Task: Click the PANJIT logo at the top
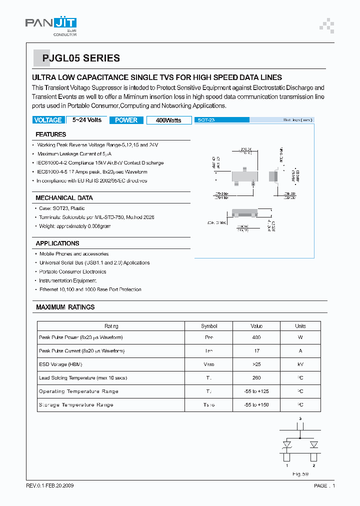51,25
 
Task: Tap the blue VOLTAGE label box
48,120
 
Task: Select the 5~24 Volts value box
87,120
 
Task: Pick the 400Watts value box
168,120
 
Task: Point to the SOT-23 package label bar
222,120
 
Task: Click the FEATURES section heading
51,134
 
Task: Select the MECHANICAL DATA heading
64,198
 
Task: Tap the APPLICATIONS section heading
57,243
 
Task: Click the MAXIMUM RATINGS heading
65,307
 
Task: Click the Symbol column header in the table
209,326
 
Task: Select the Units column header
300,326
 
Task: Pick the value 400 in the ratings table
256,337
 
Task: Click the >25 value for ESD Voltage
256,364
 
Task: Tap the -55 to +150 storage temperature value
256,405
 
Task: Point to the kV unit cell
300,364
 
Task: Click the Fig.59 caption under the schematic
300,473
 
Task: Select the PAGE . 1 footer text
324,486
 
